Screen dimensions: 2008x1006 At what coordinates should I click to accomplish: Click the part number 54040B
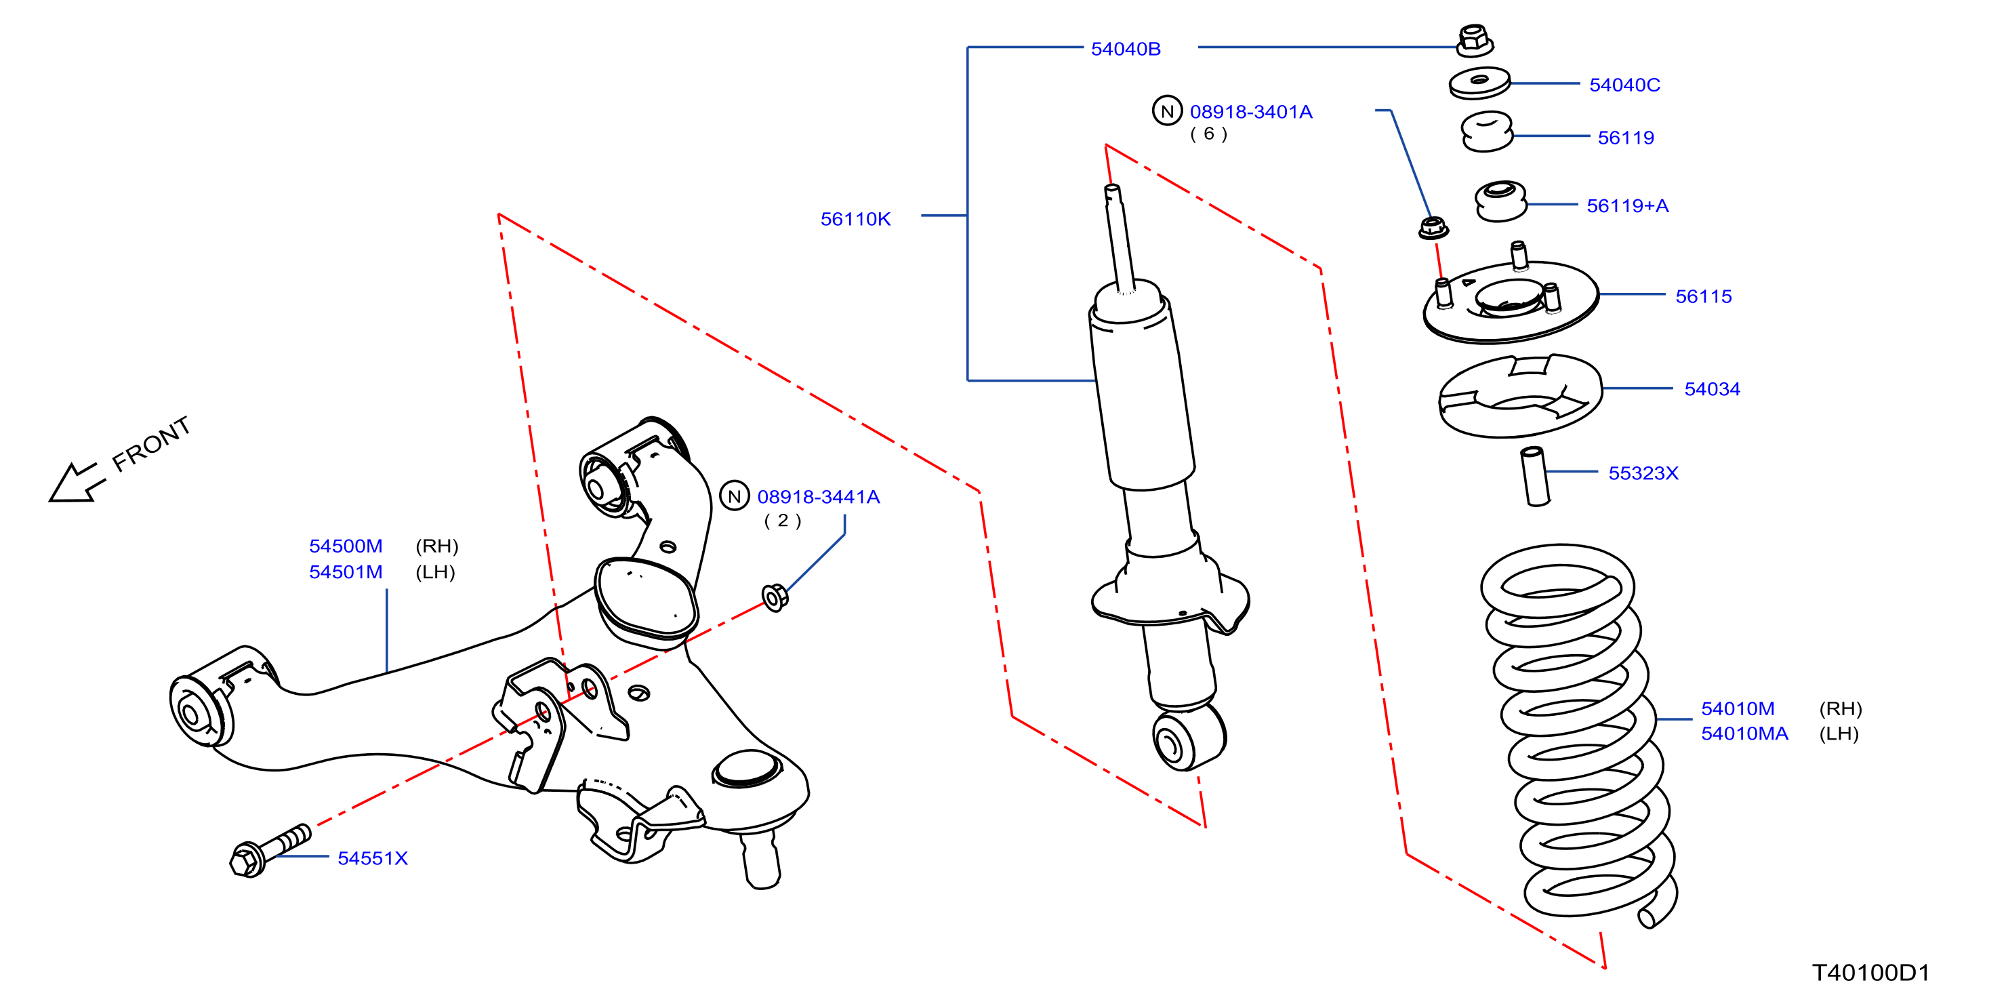(x=1126, y=49)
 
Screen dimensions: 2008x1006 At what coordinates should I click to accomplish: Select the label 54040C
(x=1624, y=85)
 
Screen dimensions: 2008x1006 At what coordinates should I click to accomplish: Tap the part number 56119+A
(x=1628, y=206)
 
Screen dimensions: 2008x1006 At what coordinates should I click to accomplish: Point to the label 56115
(x=1703, y=296)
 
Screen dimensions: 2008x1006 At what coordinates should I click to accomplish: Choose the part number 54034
(x=1712, y=389)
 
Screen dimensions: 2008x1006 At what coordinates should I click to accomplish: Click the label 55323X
(x=1643, y=473)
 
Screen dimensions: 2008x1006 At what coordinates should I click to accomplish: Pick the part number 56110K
(x=855, y=219)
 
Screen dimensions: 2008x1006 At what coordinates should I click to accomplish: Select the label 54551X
(x=373, y=859)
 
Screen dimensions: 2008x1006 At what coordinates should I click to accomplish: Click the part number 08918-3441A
(x=819, y=497)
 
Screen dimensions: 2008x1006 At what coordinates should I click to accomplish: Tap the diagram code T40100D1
(x=1870, y=973)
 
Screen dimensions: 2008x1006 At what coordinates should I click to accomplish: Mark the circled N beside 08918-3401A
(x=1167, y=110)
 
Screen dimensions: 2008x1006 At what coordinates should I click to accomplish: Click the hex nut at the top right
(x=1474, y=41)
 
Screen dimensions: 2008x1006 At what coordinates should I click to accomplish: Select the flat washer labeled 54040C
(x=1479, y=83)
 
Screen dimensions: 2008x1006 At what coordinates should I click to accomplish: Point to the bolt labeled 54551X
(x=270, y=851)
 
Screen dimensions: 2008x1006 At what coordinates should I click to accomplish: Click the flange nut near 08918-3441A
(x=775, y=598)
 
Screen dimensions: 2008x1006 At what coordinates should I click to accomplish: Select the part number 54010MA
(x=1744, y=734)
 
